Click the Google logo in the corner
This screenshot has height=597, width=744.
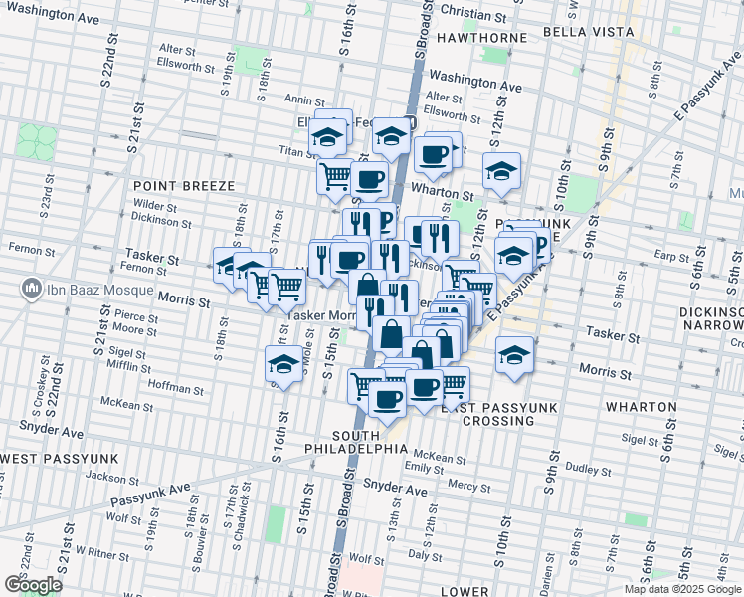click(32, 585)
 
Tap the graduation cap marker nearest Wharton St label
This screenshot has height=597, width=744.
click(502, 171)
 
